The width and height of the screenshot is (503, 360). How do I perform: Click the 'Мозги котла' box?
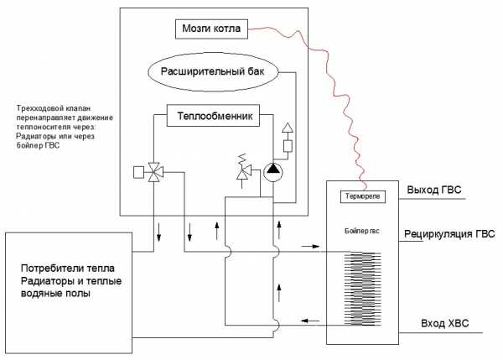point(211,29)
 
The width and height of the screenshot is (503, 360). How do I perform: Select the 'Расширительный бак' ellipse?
point(212,72)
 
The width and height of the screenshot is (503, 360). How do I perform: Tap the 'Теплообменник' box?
point(213,115)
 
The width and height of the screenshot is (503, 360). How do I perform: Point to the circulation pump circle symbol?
point(273,172)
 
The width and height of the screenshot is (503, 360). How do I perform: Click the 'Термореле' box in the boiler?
point(362,196)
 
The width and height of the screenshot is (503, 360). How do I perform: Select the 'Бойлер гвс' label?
point(362,231)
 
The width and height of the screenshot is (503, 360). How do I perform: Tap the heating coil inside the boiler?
point(362,289)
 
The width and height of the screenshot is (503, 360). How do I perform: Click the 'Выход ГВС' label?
point(434,190)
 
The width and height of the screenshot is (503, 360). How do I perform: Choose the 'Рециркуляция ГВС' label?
point(449,234)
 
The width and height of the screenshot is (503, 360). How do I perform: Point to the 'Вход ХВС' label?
point(444,323)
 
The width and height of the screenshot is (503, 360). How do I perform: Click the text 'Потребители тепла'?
point(68,269)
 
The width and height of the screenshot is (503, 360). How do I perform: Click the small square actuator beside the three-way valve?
point(138,172)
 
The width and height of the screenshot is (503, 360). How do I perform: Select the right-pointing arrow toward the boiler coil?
point(310,247)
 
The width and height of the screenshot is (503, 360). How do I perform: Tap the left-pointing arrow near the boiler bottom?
point(310,321)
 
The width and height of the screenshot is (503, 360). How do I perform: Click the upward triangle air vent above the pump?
point(288,128)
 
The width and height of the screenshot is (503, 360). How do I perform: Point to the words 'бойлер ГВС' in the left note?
point(38,145)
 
